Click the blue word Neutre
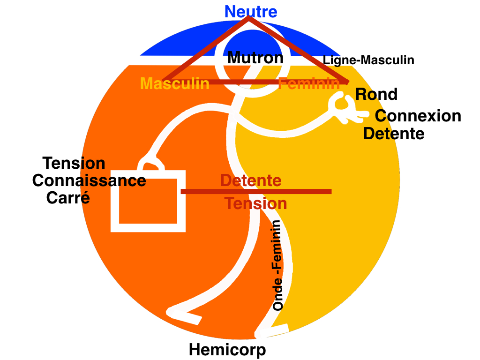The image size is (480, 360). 251,12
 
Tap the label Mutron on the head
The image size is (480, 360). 255,58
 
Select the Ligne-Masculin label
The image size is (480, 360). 368,60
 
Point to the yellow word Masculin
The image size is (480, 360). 175,84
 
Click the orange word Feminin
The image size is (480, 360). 309,84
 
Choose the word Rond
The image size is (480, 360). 376,94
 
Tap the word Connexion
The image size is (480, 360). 418,116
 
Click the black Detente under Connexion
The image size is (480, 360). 394,134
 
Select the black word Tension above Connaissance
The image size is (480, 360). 74,163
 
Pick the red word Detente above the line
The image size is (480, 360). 251,180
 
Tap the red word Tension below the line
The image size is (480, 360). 255,203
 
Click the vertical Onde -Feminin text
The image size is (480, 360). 278,265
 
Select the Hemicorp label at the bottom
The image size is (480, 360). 227,350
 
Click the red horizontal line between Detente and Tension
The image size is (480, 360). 256,191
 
